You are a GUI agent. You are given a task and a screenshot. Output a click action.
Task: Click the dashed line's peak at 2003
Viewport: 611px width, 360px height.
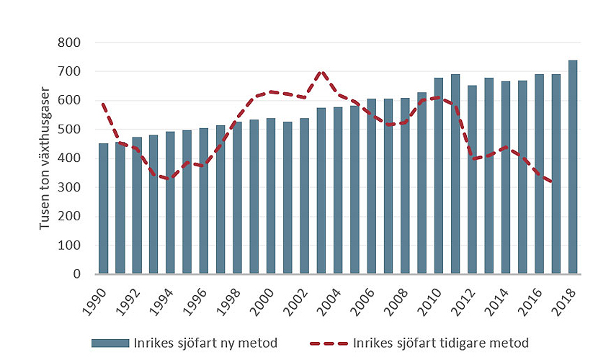321,72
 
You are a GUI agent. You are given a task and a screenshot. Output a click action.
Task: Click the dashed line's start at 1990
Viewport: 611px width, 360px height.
103,104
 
